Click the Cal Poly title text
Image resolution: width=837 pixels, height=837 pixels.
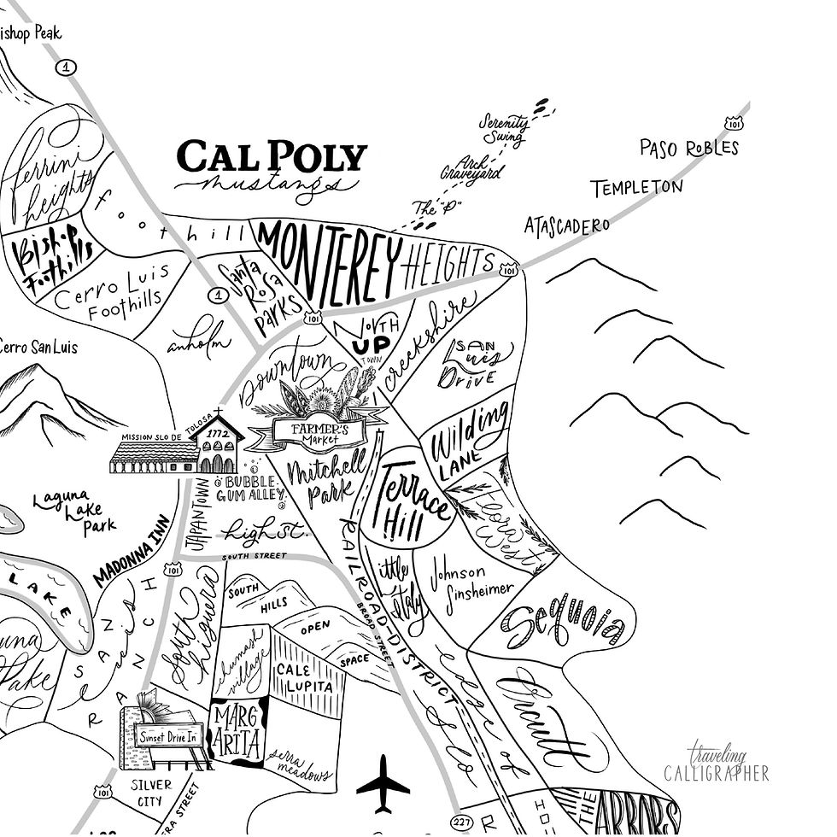(x=272, y=157)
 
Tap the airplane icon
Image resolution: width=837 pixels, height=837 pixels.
(x=383, y=782)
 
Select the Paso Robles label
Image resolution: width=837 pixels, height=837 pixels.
(x=688, y=148)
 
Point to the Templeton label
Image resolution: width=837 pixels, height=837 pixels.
(x=636, y=187)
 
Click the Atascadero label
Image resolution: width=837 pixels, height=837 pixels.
(x=567, y=225)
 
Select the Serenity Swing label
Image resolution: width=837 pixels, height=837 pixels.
(x=504, y=127)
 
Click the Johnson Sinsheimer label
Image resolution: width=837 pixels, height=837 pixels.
(x=471, y=580)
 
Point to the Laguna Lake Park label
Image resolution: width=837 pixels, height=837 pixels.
(x=75, y=512)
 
